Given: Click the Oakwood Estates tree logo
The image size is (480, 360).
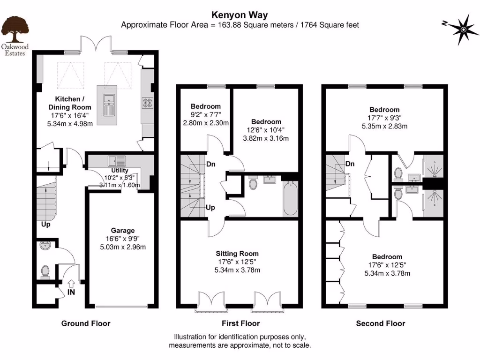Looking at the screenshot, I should (x=16, y=29).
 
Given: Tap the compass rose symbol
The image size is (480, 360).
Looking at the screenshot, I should (x=462, y=30).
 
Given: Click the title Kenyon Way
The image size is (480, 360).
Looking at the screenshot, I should (x=240, y=15).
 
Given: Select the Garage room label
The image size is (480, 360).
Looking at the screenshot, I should (x=123, y=230).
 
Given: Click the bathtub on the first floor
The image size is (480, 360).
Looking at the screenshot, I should (x=290, y=196).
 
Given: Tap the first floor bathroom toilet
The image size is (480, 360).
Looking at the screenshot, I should (x=253, y=183).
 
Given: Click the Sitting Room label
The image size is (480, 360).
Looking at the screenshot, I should (x=240, y=253).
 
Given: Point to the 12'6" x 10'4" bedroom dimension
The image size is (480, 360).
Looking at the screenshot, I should (x=266, y=130).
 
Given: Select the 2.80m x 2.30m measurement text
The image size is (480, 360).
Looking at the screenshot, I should (x=205, y=123).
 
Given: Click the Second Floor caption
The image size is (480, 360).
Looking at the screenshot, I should (x=380, y=323).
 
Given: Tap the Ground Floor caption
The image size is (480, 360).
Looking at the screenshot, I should (x=86, y=323).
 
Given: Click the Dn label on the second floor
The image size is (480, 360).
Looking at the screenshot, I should (x=350, y=164).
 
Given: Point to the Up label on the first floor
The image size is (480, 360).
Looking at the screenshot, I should (x=210, y=207).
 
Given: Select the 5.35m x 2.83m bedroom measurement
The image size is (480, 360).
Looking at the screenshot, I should (x=384, y=126).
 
